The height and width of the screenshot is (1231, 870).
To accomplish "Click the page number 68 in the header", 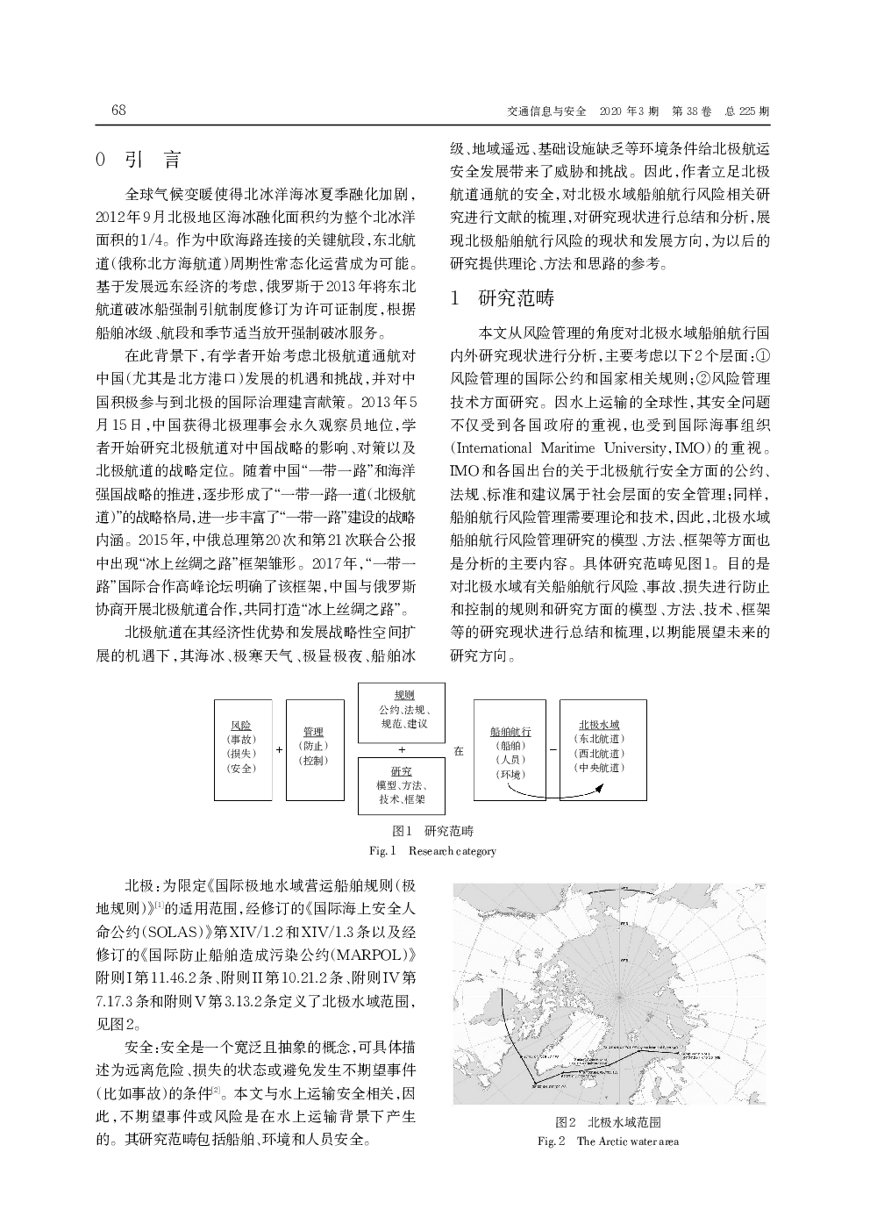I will (119, 111).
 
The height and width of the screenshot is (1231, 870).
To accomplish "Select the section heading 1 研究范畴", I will (502, 298).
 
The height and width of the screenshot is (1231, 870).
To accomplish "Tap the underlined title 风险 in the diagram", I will (241, 726).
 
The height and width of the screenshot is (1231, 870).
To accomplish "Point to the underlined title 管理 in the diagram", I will (313, 732).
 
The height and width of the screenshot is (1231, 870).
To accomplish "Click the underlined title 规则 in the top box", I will (403, 695).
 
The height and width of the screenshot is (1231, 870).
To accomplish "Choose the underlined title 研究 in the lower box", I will (402, 770).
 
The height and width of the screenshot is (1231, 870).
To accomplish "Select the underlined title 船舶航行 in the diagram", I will (510, 732).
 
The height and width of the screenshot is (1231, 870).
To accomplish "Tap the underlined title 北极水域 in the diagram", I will (599, 725).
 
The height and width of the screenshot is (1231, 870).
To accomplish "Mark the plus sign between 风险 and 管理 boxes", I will (279, 750).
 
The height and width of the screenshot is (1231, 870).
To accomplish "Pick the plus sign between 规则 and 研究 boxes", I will (402, 750).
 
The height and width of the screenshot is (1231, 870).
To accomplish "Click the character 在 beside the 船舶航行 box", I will (459, 751).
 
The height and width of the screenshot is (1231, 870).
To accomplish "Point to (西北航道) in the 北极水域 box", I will (599, 753).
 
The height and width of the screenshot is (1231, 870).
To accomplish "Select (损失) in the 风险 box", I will (241, 754).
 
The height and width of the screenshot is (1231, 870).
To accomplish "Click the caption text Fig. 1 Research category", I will (432, 851).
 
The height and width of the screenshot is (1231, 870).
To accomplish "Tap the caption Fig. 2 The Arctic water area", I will (608, 1141).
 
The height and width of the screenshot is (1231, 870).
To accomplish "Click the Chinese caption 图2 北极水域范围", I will (608, 1122).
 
